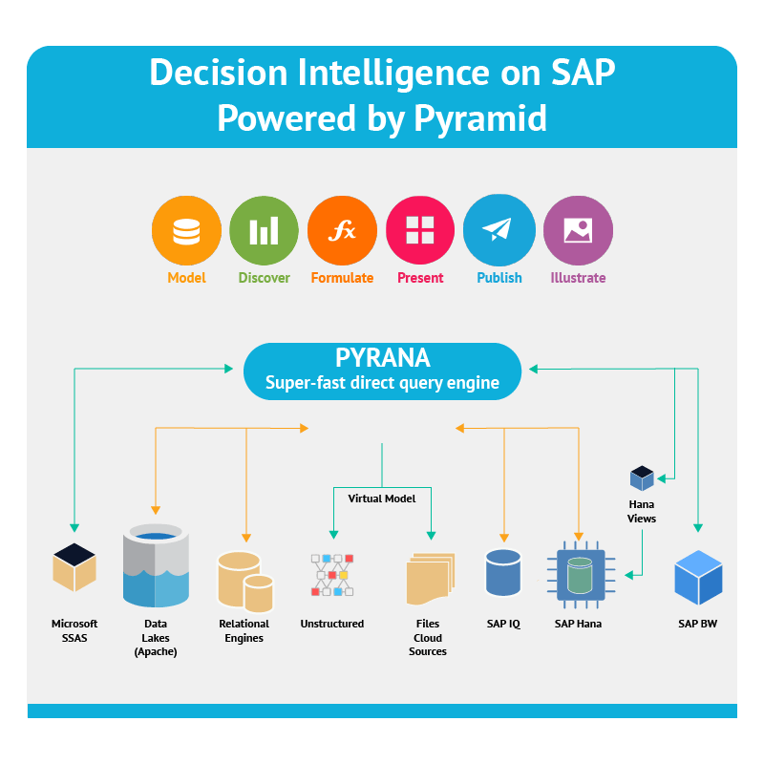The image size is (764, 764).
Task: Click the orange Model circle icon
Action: pyautogui.click(x=186, y=230)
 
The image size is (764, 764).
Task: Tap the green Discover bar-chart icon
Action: pyautogui.click(x=265, y=230)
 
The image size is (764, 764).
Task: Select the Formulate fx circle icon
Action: pyautogui.click(x=342, y=230)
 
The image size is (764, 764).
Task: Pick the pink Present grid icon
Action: pyautogui.click(x=420, y=230)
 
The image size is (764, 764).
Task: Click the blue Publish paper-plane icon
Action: pyautogui.click(x=499, y=230)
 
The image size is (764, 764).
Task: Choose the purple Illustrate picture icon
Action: pyautogui.click(x=578, y=230)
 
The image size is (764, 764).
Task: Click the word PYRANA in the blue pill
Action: pyautogui.click(x=383, y=357)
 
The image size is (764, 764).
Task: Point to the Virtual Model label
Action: pyautogui.click(x=381, y=499)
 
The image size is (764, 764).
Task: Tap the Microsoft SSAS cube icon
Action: pyautogui.click(x=74, y=567)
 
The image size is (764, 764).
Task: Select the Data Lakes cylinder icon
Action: pyautogui.click(x=156, y=565)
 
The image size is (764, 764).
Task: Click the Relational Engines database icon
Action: pyautogui.click(x=245, y=582)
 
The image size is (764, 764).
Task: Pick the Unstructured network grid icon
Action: pyautogui.click(x=332, y=575)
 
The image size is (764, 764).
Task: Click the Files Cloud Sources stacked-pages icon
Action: pyautogui.click(x=431, y=579)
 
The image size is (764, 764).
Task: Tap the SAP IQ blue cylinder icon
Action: pyautogui.click(x=503, y=572)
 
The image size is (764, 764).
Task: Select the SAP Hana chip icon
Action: pyautogui.click(x=581, y=575)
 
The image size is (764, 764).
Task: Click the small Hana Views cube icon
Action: pyautogui.click(x=642, y=478)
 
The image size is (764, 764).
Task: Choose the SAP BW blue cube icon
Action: pyautogui.click(x=698, y=578)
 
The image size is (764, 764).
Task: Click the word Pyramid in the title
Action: pyautogui.click(x=480, y=117)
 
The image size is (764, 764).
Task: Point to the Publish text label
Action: pyautogui.click(x=499, y=278)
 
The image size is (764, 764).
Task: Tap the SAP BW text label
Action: pyautogui.click(x=698, y=624)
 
